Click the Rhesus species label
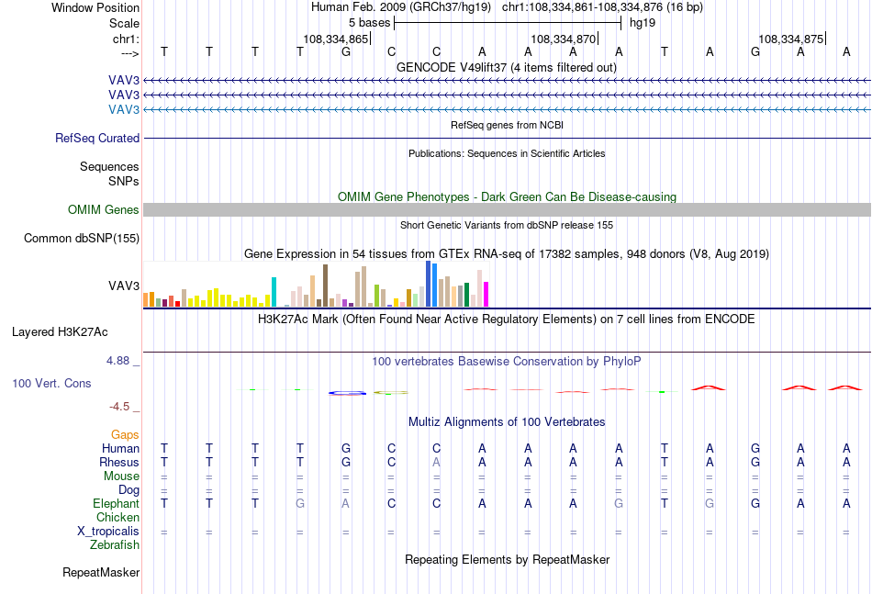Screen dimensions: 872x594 click(x=119, y=462)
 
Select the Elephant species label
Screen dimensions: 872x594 click(x=116, y=503)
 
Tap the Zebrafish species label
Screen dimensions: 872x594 click(x=115, y=545)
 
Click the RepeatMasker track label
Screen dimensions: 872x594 click(x=101, y=572)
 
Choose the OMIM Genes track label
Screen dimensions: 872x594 click(x=104, y=209)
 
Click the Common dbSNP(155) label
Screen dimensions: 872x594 click(x=82, y=238)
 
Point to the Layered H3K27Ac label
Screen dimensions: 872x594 click(x=60, y=332)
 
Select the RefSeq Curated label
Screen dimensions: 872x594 click(x=97, y=138)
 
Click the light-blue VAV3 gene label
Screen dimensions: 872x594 click(x=124, y=109)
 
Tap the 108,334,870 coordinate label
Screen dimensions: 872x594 click(x=564, y=39)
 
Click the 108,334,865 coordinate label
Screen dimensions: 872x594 click(x=335, y=39)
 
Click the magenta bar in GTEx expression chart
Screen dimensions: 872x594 click(x=486, y=294)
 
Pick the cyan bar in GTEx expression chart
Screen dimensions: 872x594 click(x=274, y=292)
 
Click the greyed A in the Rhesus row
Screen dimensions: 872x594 click(x=437, y=462)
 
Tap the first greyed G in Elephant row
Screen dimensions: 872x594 click(x=300, y=503)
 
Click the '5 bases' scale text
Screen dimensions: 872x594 click(x=369, y=23)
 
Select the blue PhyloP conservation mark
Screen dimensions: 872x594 click(x=347, y=393)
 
